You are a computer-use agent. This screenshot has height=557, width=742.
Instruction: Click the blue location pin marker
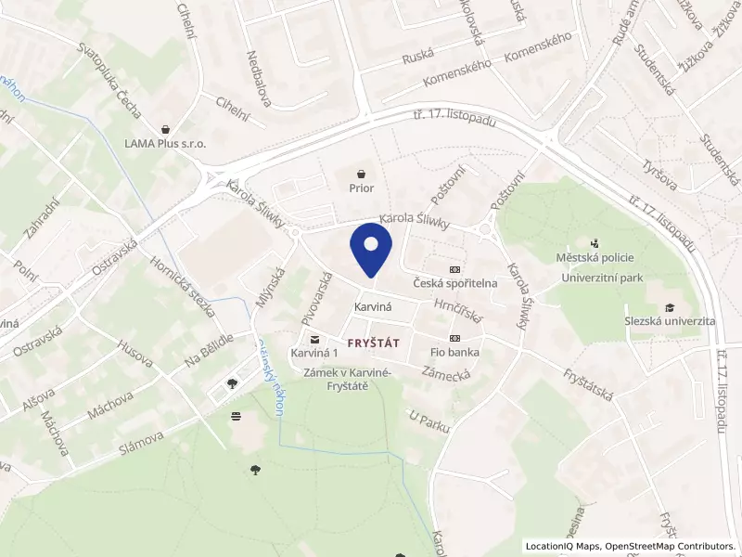coord(371,253)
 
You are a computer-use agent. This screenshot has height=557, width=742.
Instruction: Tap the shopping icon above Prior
coord(362,172)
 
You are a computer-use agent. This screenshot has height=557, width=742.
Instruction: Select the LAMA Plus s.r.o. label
coord(165,144)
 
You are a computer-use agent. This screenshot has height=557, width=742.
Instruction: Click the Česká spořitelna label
coord(455,282)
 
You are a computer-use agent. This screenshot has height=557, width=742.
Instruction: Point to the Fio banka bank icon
coord(454,338)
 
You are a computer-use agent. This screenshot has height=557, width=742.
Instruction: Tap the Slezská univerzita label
coord(670,321)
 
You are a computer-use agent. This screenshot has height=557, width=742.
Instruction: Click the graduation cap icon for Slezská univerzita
coord(670,307)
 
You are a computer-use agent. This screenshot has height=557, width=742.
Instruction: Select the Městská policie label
coord(595,256)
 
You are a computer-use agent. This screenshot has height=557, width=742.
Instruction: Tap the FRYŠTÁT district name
coord(374,343)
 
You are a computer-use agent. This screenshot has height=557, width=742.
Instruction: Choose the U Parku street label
coord(429,421)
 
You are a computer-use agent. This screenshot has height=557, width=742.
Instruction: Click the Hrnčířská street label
coord(459,310)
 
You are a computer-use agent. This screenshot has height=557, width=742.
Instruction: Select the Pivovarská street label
coord(316,298)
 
